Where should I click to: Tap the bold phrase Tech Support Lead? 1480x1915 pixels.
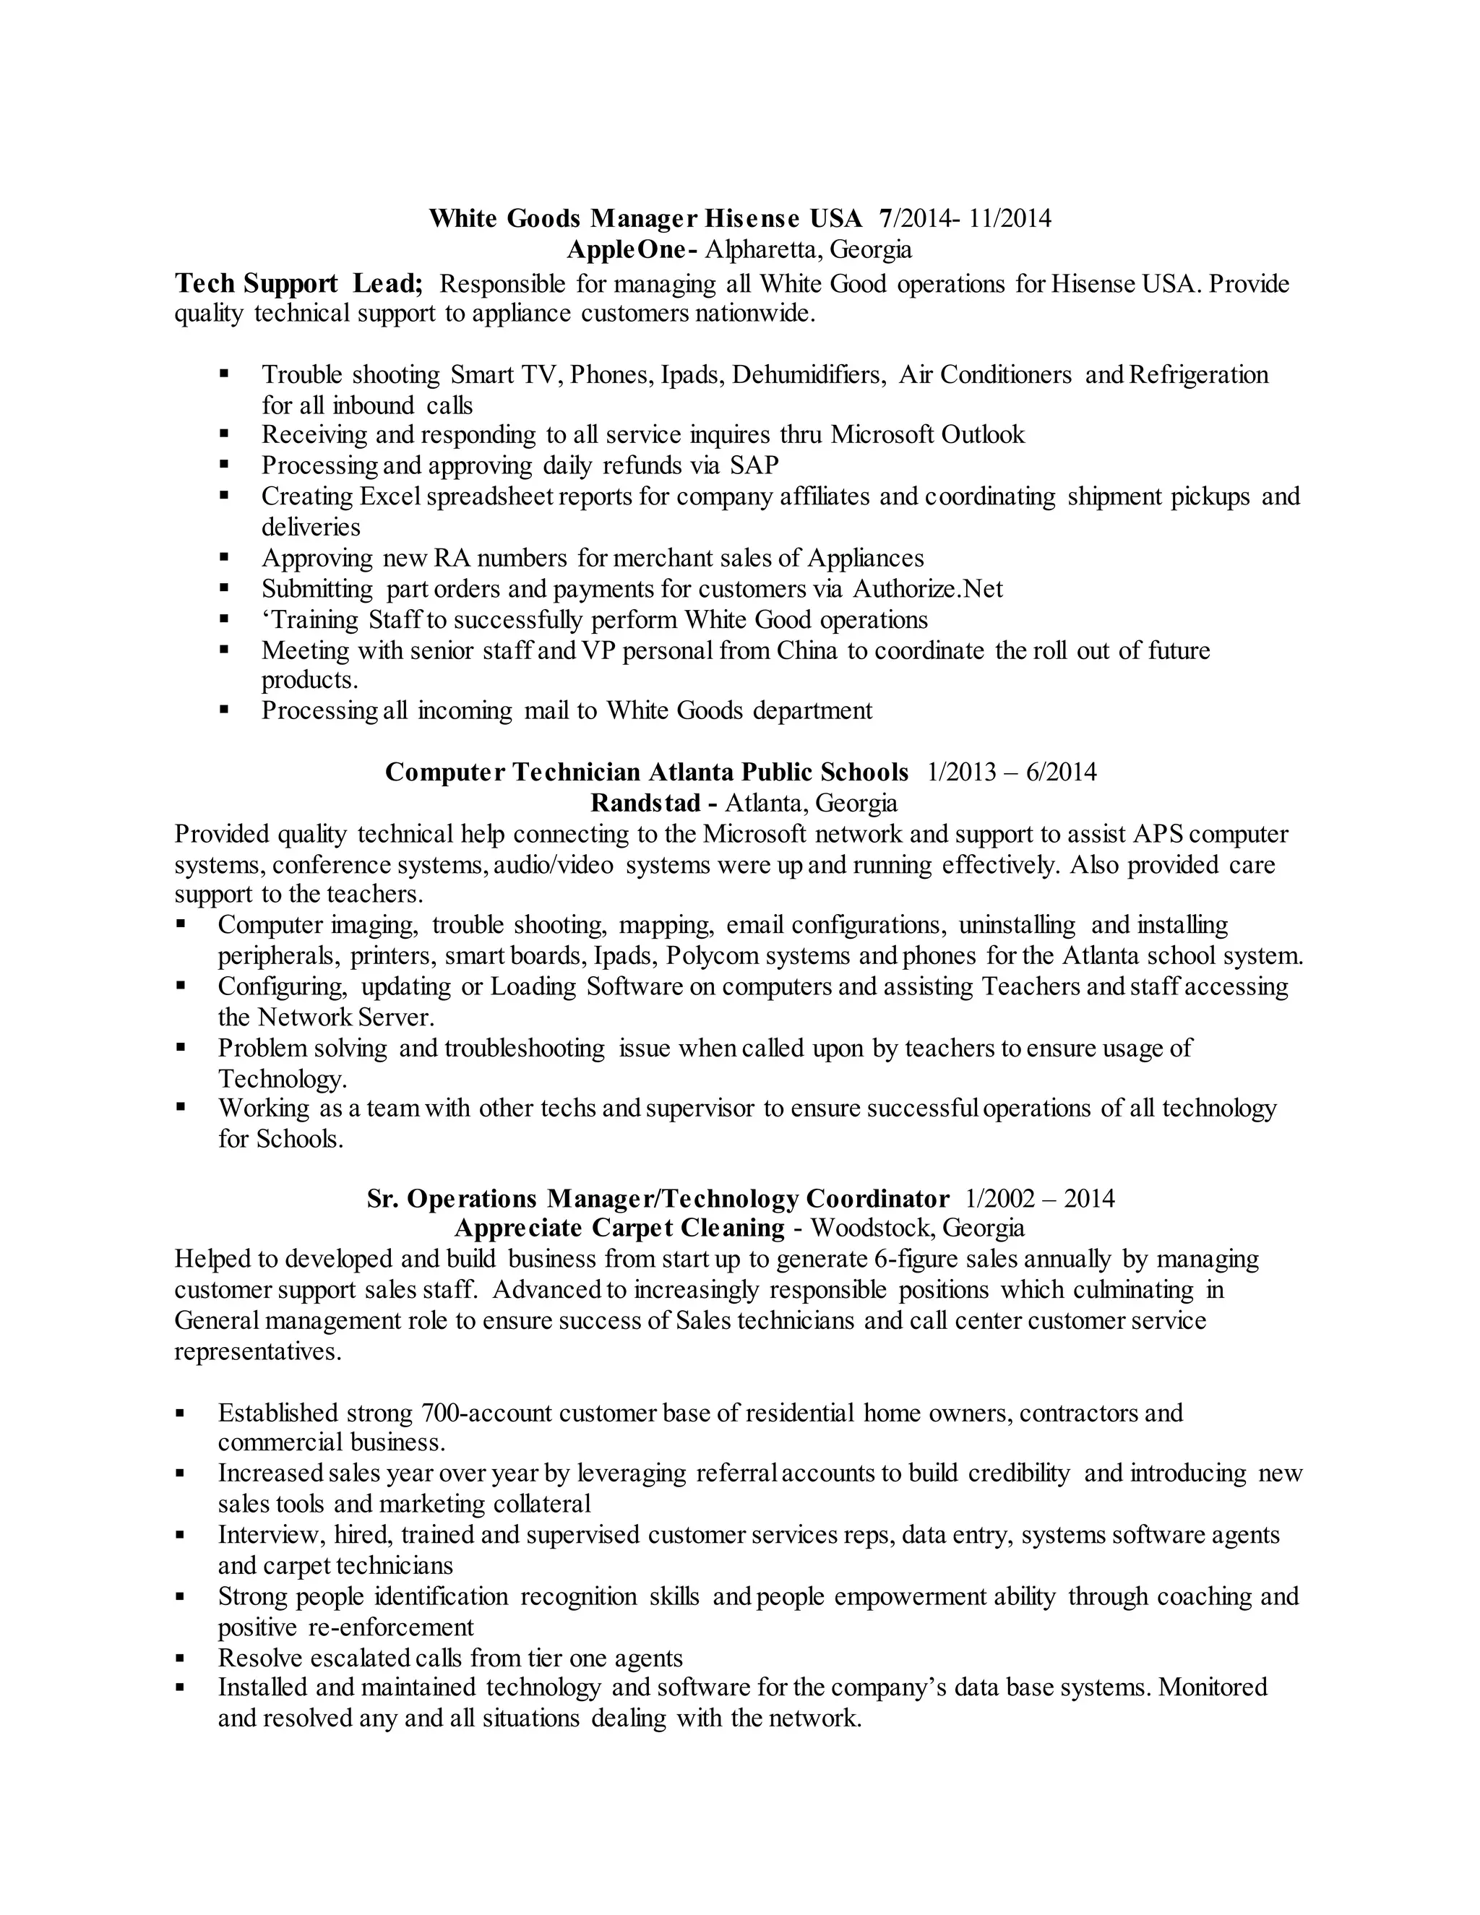tap(298, 283)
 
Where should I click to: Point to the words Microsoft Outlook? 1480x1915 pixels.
tap(928, 435)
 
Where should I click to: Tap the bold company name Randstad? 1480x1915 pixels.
tap(646, 803)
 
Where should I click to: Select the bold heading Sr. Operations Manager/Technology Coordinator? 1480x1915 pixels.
tap(658, 1199)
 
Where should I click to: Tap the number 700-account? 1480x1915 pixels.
tap(486, 1413)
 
